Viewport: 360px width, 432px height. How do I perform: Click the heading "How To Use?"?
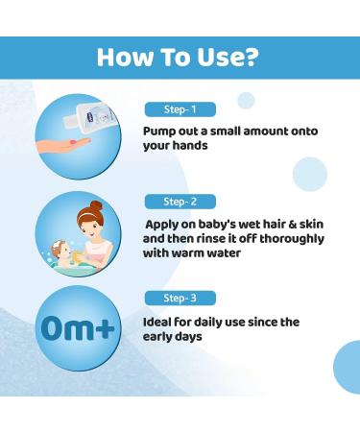click(x=180, y=57)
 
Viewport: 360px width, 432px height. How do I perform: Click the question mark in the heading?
click(x=252, y=57)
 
